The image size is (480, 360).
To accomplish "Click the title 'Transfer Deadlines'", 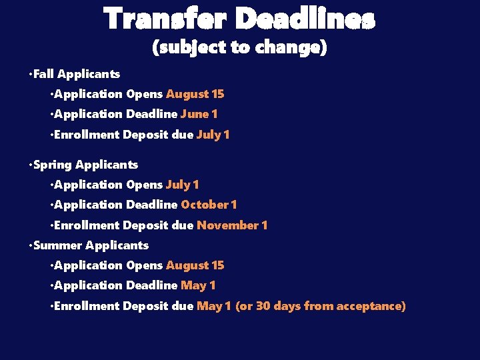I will click(x=239, y=20).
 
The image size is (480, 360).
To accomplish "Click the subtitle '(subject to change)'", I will click(x=239, y=49).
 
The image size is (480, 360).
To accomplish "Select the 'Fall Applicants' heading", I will click(x=76, y=74).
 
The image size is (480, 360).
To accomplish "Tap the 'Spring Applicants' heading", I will click(x=85, y=165).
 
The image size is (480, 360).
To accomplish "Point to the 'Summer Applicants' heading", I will click(x=91, y=245).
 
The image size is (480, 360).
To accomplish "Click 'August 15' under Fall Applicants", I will click(x=195, y=94).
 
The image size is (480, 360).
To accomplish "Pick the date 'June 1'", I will click(x=199, y=114).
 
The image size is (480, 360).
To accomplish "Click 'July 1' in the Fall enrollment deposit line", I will click(x=213, y=135).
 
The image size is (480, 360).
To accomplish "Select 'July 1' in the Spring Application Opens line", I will click(x=182, y=185).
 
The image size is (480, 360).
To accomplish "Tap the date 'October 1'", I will click(x=209, y=205).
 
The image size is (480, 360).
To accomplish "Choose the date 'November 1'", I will click(x=232, y=225).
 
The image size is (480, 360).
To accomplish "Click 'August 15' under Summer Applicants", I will click(x=195, y=265).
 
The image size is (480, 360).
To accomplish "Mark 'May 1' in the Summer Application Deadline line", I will click(x=198, y=285).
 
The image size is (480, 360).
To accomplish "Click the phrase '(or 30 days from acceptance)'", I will click(x=321, y=306).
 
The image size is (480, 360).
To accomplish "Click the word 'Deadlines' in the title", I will click(x=305, y=20).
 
